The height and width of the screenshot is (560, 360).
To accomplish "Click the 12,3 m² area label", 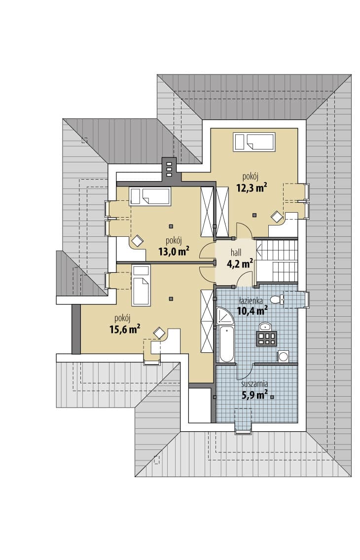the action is pos(252,187).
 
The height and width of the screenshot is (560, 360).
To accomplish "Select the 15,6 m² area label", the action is pos(125,329).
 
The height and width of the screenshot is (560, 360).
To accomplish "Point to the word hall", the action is pos(236,253).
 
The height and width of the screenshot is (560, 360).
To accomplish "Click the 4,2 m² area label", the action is pos(240,264).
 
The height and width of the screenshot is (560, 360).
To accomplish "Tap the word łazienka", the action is pos(252,300).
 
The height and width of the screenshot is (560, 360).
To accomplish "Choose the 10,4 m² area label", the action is pos(252,311).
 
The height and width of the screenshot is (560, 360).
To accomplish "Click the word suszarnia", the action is pos(254,384).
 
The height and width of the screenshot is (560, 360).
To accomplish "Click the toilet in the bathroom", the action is pos(277,299).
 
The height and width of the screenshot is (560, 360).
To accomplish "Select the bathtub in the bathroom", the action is pos(226,344).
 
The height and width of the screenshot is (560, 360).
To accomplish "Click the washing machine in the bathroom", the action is pos(283,356).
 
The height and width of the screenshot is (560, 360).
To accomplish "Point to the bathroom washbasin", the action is pos(265,326).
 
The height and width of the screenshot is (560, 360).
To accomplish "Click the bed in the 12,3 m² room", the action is pos(254,142).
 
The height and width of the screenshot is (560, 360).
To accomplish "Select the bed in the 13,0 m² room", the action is pos(149,196).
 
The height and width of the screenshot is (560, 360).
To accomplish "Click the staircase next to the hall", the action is pos(277,261).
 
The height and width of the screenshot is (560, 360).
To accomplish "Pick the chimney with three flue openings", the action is pos(169,167).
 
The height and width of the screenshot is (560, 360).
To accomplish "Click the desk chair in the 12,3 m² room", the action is pos(276,217).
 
